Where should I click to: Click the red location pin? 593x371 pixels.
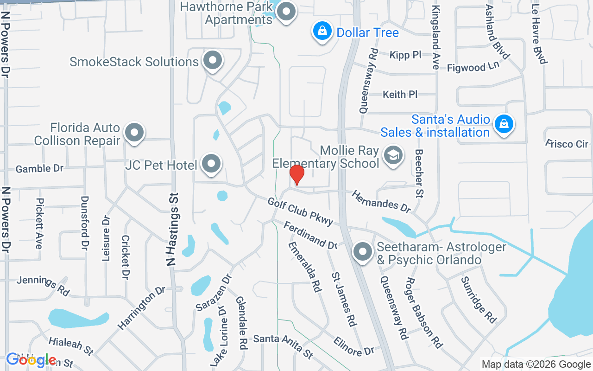click(296, 174)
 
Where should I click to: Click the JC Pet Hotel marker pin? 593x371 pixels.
click(212, 164)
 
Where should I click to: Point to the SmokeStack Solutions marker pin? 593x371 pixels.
click(213, 60)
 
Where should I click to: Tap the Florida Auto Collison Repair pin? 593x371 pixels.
click(134, 133)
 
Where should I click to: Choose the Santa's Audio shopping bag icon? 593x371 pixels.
click(503, 125)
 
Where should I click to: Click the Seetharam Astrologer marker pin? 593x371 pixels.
click(362, 252)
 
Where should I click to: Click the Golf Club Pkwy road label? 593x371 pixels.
click(300, 211)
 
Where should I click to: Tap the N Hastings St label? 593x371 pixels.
click(172, 237)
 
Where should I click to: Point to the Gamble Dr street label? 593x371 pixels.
click(39, 168)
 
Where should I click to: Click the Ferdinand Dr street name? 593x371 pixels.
click(310, 235)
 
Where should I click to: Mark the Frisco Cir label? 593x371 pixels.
click(567, 144)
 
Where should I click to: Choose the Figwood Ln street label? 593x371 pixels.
click(473, 68)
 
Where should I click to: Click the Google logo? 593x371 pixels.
click(31, 360)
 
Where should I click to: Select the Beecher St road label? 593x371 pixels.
click(420, 173)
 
